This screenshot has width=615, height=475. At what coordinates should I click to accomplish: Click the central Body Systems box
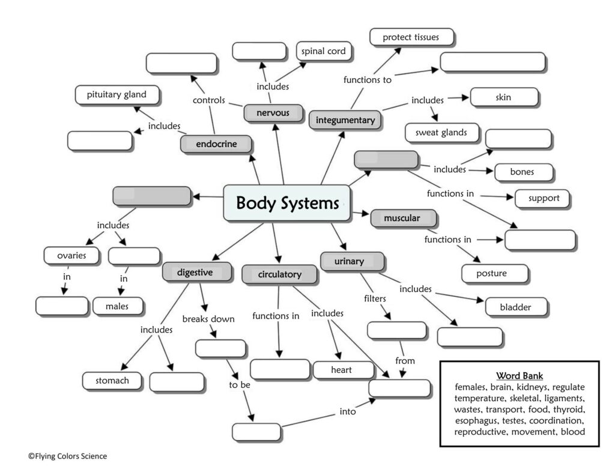click(x=287, y=203)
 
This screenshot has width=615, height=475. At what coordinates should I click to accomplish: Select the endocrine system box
click(x=216, y=144)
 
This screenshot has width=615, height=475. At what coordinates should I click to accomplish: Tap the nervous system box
click(x=273, y=113)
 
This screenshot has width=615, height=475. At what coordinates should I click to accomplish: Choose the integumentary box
click(x=345, y=120)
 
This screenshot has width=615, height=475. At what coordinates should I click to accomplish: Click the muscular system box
click(x=402, y=219)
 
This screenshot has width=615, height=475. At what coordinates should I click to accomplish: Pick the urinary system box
click(x=351, y=261)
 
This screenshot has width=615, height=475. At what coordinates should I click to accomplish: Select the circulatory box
click(x=279, y=274)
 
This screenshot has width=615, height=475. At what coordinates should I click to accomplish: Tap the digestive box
click(x=195, y=272)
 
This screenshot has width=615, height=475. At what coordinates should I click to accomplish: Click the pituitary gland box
click(x=111, y=95)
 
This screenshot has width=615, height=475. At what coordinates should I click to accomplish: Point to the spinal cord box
click(x=323, y=52)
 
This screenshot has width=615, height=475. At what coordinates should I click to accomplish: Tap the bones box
click(x=522, y=172)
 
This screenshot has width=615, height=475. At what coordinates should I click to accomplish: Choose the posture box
click(x=491, y=274)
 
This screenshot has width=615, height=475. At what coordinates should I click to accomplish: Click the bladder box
click(x=515, y=307)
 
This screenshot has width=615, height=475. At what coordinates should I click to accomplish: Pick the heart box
click(x=341, y=370)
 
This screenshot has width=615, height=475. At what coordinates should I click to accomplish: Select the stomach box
click(x=112, y=380)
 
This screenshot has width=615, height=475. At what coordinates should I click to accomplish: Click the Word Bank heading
click(x=520, y=375)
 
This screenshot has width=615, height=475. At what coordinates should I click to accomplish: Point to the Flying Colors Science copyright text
click(x=67, y=456)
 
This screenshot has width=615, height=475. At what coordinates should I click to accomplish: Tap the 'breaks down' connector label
click(x=208, y=319)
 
